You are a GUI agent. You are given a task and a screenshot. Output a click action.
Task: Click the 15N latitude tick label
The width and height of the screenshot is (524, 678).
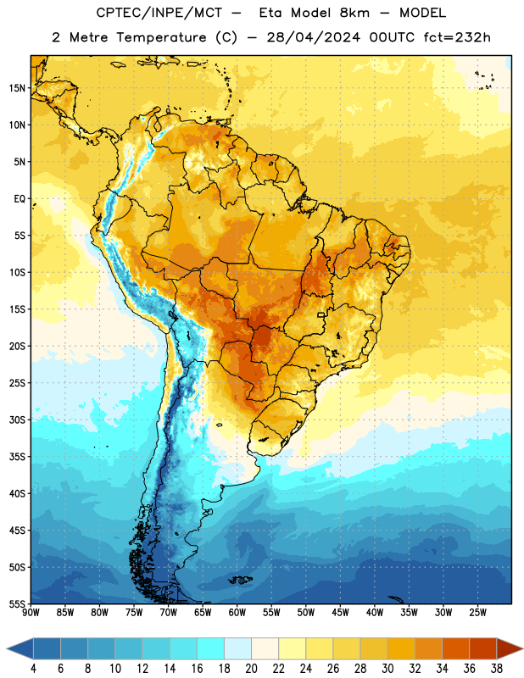[17, 88]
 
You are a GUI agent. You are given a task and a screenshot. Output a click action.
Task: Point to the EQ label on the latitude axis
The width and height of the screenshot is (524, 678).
[20, 199]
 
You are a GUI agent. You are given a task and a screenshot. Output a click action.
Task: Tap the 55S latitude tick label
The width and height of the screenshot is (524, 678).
[17, 603]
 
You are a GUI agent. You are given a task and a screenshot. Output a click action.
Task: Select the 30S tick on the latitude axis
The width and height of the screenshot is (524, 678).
[17, 420]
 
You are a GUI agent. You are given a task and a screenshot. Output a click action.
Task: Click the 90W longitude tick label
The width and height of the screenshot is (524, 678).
[31, 612]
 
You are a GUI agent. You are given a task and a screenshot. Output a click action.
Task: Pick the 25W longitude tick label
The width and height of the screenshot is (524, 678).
[477, 612]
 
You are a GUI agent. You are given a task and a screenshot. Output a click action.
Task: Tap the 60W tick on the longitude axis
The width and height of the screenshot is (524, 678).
[237, 612]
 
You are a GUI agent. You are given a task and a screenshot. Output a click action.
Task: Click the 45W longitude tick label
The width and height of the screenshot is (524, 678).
[340, 612]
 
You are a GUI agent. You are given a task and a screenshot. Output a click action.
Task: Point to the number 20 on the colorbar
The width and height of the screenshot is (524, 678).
[251, 669]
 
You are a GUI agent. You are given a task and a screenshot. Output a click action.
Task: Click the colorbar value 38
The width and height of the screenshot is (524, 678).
[497, 669]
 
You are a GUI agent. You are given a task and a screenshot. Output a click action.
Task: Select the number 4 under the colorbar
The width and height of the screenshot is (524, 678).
[33, 669]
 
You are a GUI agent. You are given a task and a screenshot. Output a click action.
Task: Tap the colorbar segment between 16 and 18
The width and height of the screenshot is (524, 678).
[210, 648]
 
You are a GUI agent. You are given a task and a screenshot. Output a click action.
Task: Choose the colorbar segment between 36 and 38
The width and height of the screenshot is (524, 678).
[483, 648]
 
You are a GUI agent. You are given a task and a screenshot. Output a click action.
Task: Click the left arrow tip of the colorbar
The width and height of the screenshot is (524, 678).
[7, 648]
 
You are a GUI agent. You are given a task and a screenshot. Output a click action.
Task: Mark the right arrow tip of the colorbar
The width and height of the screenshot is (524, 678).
[522, 648]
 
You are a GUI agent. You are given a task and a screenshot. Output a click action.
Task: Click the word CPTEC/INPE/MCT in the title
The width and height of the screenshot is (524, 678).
[159, 13]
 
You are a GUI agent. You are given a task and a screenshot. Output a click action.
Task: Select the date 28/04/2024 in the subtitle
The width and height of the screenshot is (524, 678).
[313, 37]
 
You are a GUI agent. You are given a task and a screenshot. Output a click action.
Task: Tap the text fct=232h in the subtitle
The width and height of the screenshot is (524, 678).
[457, 37]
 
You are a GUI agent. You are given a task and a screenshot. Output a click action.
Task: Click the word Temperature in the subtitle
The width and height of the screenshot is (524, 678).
[161, 37]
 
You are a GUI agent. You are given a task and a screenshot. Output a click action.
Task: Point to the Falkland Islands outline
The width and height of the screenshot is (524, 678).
[240, 580]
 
